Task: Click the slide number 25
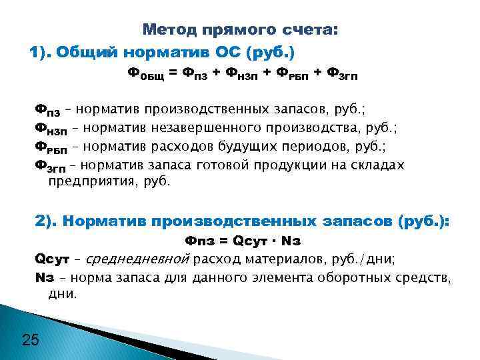click(31, 340)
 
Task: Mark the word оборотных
click(359, 276)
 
